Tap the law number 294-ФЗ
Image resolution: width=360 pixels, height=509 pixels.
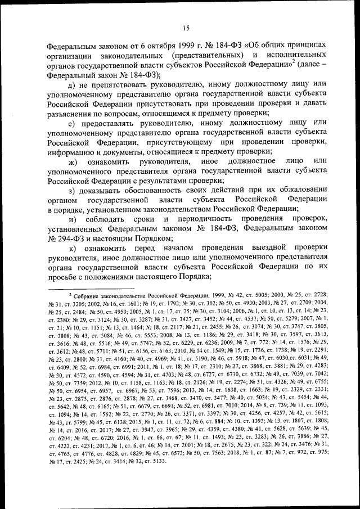pos(73,237)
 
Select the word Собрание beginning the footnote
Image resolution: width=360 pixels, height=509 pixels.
pos(92,295)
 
